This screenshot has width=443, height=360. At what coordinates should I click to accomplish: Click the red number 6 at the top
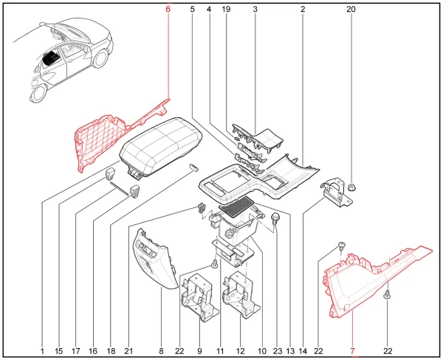point(168,10)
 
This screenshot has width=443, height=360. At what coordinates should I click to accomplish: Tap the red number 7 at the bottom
point(352,351)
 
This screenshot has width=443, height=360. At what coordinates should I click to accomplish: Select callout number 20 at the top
point(351,10)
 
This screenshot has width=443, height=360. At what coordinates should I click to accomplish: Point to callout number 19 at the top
point(226,10)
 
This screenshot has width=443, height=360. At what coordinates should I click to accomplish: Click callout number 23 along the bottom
point(278,351)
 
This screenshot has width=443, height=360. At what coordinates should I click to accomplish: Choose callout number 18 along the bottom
point(111,351)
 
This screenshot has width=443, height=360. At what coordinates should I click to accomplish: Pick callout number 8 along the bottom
point(161,351)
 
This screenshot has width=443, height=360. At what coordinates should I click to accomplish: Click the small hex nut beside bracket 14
point(351,187)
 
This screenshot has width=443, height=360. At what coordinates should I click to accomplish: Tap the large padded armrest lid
point(161,147)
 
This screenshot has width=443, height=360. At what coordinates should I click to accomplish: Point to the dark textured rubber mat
point(236,207)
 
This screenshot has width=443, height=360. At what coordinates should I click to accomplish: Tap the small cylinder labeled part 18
point(193,167)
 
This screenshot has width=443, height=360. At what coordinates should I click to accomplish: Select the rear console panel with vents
point(154,260)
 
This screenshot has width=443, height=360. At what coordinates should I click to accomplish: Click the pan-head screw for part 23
point(275,219)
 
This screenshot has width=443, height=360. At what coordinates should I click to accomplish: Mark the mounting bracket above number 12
point(240,295)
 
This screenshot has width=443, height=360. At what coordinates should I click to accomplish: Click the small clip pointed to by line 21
point(201,207)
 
